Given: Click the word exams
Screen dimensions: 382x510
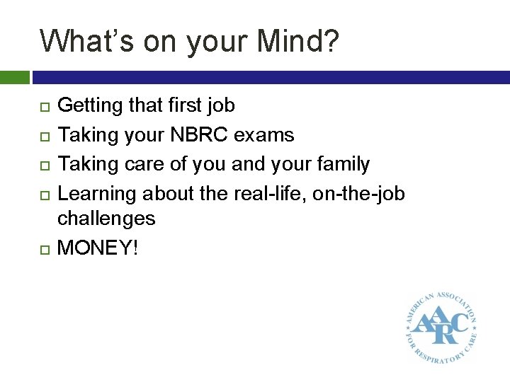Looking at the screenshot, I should pyautogui.click(x=269, y=135).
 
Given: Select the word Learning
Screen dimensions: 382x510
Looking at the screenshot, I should pyautogui.click(x=97, y=194).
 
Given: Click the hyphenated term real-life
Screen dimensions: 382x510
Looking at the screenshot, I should pyautogui.click(x=269, y=193).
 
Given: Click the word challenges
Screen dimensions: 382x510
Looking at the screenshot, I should pyautogui.click(x=106, y=219).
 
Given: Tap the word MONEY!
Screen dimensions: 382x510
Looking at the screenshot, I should pyautogui.click(x=97, y=248).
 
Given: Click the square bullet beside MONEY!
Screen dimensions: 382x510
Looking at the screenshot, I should pyautogui.click(x=44, y=248).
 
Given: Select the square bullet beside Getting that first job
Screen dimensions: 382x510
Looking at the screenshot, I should pyautogui.click(x=44, y=107).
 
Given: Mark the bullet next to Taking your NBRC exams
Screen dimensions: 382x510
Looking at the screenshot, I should pyautogui.click(x=44, y=135).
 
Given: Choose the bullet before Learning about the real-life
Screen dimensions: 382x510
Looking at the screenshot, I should pyautogui.click(x=44, y=194).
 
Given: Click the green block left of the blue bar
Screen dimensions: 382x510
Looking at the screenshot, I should pyautogui.click(x=14, y=76).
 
